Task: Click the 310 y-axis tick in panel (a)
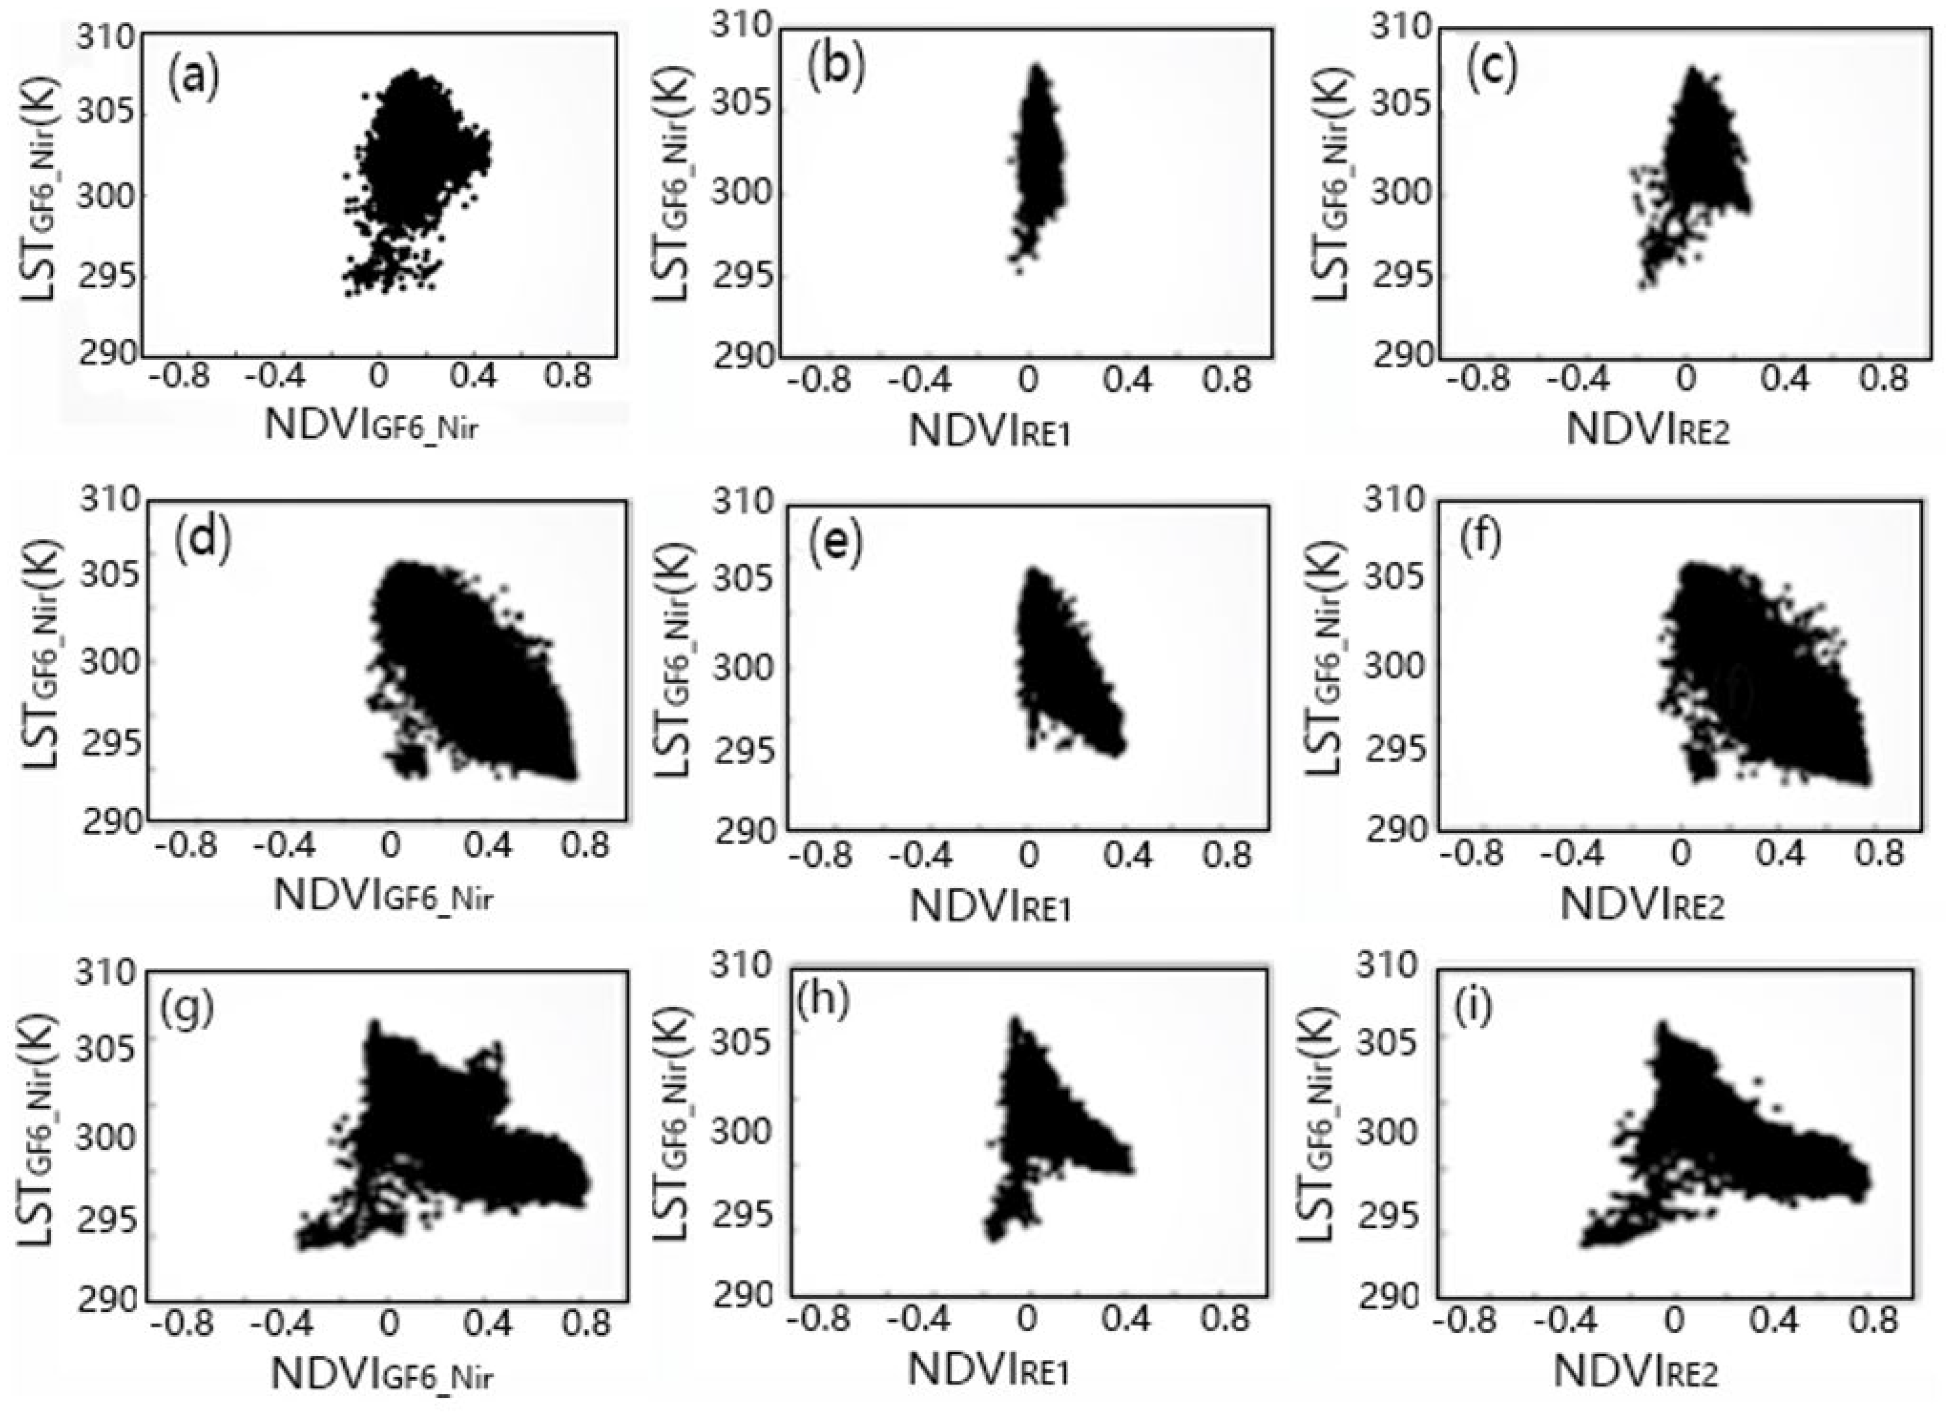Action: [x=105, y=39]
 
